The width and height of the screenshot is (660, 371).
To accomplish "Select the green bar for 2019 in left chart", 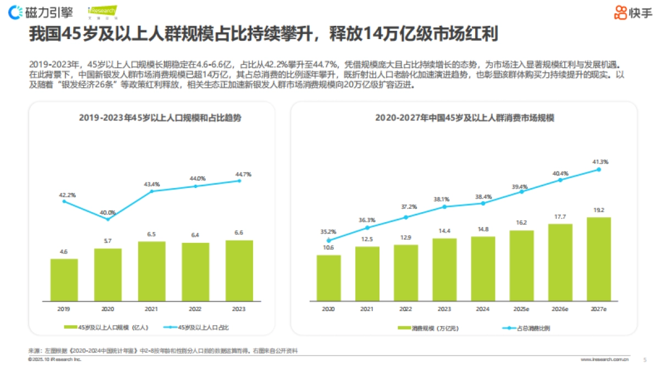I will pyautogui.click(x=64, y=280).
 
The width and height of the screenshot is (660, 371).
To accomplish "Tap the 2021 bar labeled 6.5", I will pyautogui.click(x=151, y=271).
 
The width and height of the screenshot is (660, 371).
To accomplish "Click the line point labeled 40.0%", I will pyautogui.click(x=108, y=219).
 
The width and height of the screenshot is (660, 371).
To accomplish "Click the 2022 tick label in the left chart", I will pyautogui.click(x=195, y=309).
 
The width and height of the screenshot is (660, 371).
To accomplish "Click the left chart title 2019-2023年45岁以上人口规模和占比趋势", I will pyautogui.click(x=159, y=118).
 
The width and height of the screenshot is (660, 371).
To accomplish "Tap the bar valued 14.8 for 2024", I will pyautogui.click(x=483, y=269).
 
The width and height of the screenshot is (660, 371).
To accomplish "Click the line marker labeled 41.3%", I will pyautogui.click(x=599, y=170).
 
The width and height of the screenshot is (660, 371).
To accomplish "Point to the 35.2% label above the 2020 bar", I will pyautogui.click(x=328, y=231).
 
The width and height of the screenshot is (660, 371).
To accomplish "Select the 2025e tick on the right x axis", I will pyautogui.click(x=521, y=309).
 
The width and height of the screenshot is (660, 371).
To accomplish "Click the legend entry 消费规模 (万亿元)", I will pyautogui.click(x=429, y=328).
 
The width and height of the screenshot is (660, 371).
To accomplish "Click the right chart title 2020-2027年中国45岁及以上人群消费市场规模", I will pyautogui.click(x=465, y=118).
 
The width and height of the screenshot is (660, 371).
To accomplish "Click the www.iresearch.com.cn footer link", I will pyautogui.click(x=604, y=359).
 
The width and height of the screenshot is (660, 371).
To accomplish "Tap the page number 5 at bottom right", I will pyautogui.click(x=645, y=359).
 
